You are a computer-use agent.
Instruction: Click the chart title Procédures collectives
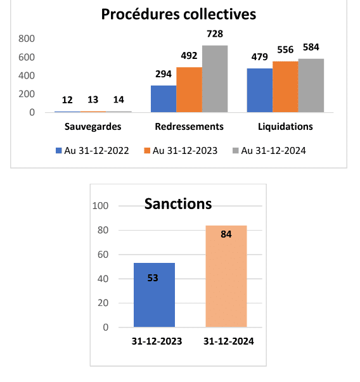179,14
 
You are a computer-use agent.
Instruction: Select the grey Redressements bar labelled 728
215,79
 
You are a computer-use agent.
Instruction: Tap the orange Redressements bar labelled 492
189,90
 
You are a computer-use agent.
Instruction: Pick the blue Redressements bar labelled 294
164,99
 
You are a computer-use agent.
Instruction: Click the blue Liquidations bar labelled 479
260,90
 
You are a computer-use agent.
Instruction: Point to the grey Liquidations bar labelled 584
311,86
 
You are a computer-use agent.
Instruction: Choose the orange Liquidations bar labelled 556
285,87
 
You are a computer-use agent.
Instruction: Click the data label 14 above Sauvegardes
119,99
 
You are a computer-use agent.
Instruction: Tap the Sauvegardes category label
93,127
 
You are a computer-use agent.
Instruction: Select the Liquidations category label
285,127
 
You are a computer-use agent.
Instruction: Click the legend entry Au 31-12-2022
92,151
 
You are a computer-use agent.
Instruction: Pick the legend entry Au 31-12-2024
269,151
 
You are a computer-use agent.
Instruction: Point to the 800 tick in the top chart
27,39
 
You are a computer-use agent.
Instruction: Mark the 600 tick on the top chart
27,57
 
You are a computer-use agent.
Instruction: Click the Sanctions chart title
178,203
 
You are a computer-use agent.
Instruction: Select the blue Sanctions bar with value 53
154,295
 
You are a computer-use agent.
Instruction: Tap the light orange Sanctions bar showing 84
226,276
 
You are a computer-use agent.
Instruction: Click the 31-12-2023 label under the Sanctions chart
157,341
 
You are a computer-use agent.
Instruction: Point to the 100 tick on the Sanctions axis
100,206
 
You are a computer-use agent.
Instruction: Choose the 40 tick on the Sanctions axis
103,279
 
